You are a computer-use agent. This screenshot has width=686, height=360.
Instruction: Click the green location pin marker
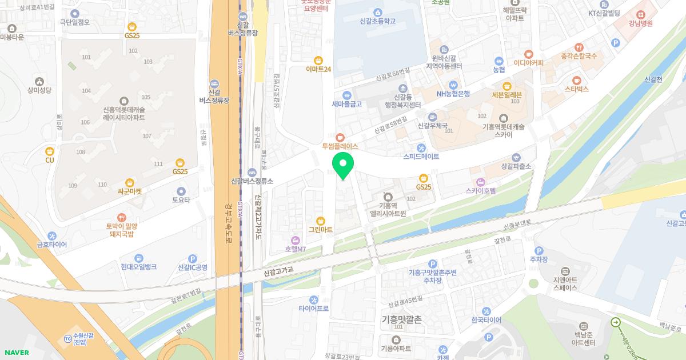pos(343,166)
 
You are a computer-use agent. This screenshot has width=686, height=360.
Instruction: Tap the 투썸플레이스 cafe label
pos(340,146)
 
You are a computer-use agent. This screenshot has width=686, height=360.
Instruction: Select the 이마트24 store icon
pos(318,60)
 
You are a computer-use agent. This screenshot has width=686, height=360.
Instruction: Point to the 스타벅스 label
pos(576,90)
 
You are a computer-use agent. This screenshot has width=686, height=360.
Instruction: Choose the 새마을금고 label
pos(347,105)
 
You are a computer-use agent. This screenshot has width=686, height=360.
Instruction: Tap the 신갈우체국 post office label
pos(432,126)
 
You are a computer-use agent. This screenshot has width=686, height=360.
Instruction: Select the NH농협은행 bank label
pos(453,94)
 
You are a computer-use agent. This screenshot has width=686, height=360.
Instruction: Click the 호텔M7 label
pos(296,249)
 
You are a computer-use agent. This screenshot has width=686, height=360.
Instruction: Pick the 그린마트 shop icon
pos(320,221)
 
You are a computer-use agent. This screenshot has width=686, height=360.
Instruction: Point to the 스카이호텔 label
pos(480,191)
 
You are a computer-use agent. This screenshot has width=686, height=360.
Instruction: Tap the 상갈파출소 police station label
pos(516,166)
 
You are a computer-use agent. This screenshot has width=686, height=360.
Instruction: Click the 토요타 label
pos(181,200)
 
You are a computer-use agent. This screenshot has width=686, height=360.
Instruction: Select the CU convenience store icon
pos(49,151)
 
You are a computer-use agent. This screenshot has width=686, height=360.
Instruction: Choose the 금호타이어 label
pos(52,245)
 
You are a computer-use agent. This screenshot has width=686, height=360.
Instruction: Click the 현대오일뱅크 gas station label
pos(138,267)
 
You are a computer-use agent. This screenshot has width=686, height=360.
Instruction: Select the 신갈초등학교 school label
pos(378,21)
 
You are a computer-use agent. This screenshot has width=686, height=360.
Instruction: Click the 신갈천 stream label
pos(653,79)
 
